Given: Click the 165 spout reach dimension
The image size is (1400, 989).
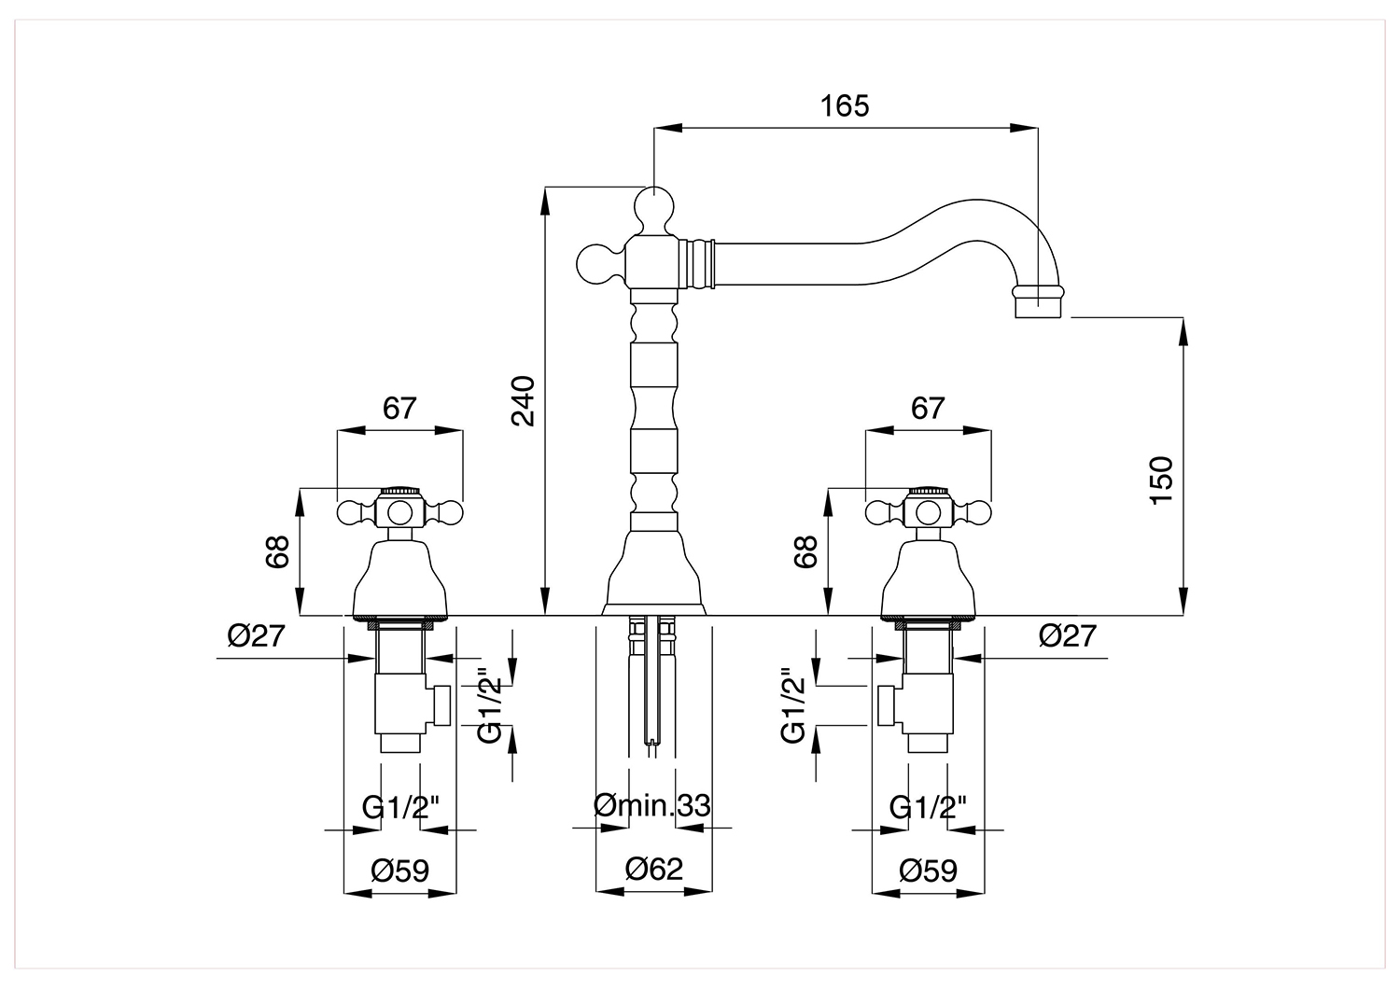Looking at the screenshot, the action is click(x=845, y=106).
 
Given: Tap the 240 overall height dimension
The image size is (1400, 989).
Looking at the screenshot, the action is click(x=523, y=401).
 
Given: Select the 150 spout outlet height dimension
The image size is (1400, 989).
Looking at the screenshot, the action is click(x=1161, y=481).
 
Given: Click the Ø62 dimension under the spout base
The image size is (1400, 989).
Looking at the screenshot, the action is click(x=653, y=869).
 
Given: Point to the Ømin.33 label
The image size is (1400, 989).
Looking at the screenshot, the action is click(x=651, y=806).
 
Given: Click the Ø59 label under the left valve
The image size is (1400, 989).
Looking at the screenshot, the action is click(x=400, y=871).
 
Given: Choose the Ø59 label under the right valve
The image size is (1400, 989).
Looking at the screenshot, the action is click(x=928, y=871).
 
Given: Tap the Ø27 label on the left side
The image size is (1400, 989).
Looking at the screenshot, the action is click(x=257, y=636).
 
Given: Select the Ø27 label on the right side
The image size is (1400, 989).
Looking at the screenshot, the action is click(x=1068, y=636).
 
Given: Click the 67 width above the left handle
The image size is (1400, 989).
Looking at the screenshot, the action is click(x=399, y=409).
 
